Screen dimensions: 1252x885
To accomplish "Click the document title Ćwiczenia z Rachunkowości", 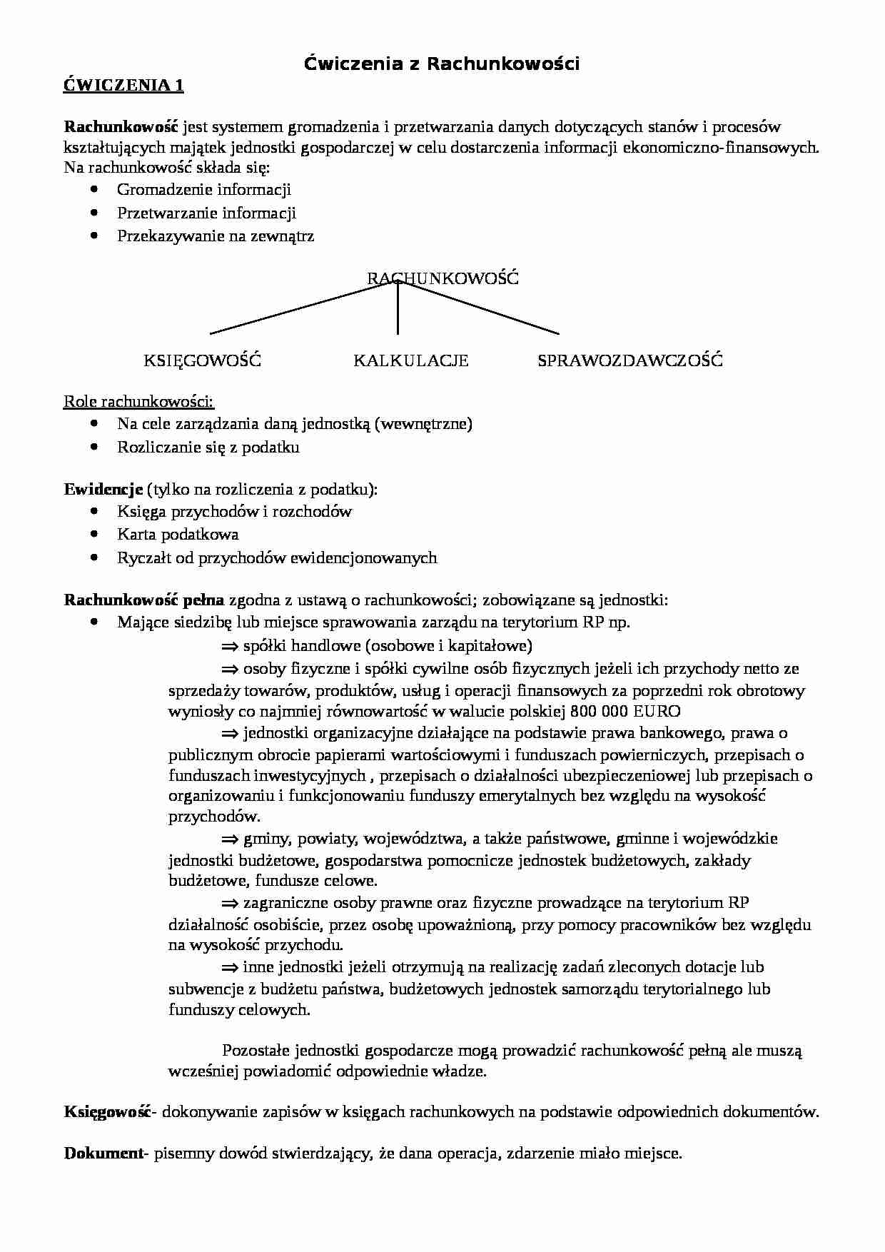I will pos(442,64).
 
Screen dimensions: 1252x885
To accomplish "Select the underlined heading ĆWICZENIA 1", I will pos(123,86).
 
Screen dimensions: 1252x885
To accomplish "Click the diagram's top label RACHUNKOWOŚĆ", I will pos(442,278).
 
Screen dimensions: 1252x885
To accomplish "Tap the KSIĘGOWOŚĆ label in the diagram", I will pos(202,360).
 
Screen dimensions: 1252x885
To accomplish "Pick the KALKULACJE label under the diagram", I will pos(410,360).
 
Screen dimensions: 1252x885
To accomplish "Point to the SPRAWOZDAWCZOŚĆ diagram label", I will pos(629,360).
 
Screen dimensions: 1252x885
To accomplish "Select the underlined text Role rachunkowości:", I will pos(138,401).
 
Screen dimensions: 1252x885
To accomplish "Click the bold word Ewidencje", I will pos(103,489).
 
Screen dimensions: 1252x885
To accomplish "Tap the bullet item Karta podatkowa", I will pos(178,534).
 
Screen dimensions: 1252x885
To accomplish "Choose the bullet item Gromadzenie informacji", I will pos(204,189).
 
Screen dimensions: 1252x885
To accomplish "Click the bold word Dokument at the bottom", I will pos(103,1153).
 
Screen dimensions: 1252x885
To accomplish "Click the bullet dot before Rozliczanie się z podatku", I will pos(94,447).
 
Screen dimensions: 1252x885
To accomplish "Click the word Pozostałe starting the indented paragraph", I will pos(256,1050).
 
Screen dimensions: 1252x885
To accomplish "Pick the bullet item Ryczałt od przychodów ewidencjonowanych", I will pos(277,557).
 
